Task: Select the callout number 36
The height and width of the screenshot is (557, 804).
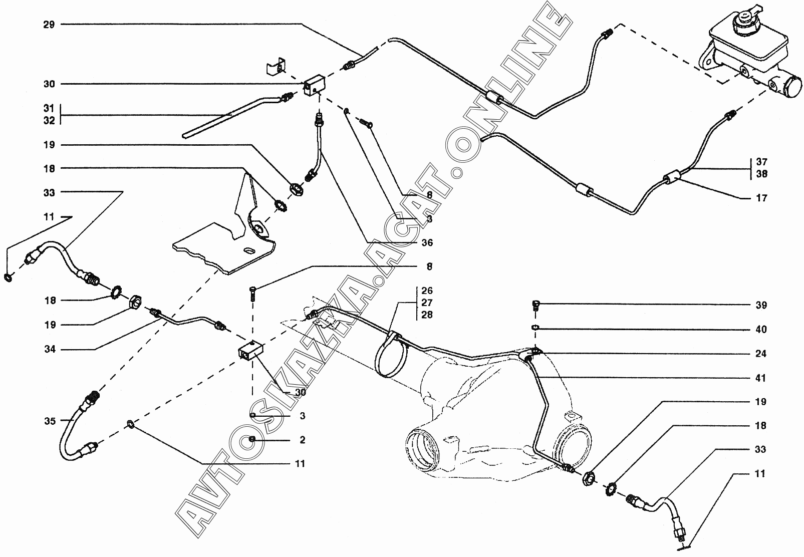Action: (427, 243)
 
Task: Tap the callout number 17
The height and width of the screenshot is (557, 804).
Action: (761, 198)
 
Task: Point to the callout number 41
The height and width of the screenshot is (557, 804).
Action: (760, 378)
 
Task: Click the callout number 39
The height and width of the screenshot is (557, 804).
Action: (760, 306)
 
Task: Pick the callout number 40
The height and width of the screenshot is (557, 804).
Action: (760, 330)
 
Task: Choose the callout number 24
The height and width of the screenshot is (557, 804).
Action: (760, 354)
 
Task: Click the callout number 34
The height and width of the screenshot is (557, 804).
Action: (50, 349)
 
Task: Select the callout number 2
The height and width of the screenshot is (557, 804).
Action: (302, 440)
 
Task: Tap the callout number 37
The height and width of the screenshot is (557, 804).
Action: (761, 162)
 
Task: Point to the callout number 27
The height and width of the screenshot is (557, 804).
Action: (427, 303)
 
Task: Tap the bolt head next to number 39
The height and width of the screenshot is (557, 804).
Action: (535, 304)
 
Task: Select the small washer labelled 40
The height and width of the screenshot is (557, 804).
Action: (535, 328)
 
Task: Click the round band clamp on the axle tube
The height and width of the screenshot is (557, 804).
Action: (392, 356)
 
